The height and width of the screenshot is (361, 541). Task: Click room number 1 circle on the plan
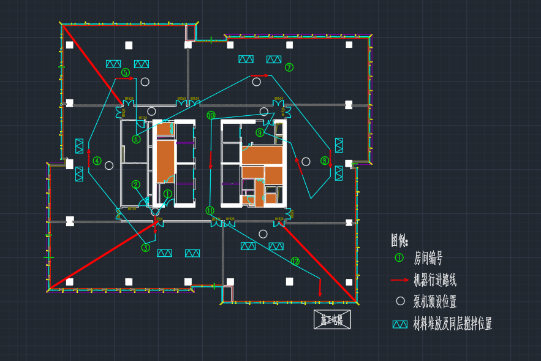pyautogui.click(x=168, y=194)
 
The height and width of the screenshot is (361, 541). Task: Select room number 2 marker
pyautogui.click(x=136, y=184)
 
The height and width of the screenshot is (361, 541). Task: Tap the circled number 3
pyautogui.click(x=146, y=248)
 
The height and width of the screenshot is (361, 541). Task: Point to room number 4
pyautogui.click(x=97, y=161)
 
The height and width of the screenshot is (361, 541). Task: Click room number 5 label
pyautogui.click(x=126, y=72)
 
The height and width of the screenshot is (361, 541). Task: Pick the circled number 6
pyautogui.click(x=136, y=139)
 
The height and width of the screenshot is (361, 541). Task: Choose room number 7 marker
pyautogui.click(x=289, y=67)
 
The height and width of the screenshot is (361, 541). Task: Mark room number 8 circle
pyautogui.click(x=325, y=161)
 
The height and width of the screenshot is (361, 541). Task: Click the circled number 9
pyautogui.click(x=260, y=132)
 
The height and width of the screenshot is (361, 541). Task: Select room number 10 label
pyautogui.click(x=211, y=115)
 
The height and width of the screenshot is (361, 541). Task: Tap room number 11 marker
pyautogui.click(x=210, y=210)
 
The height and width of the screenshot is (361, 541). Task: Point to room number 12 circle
pyautogui.click(x=295, y=261)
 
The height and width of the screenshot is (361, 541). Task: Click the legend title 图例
pyautogui.click(x=399, y=240)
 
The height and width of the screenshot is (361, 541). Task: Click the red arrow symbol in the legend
pyautogui.click(x=399, y=280)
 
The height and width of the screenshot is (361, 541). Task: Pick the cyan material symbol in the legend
pyautogui.click(x=400, y=324)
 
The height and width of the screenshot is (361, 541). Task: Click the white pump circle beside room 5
pyautogui.click(x=145, y=82)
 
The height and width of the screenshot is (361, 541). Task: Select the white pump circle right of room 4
pyautogui.click(x=109, y=165)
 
